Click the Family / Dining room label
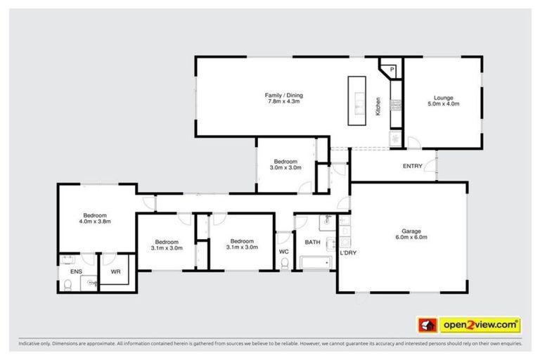(283, 95)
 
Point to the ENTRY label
(412, 167)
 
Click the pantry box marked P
(392, 69)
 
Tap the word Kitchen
(378, 106)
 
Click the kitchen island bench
(358, 101)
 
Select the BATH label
(312, 243)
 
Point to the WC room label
(283, 251)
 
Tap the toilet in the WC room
(284, 264)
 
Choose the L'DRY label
(348, 252)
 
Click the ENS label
(75, 270)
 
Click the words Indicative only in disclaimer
(35, 345)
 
